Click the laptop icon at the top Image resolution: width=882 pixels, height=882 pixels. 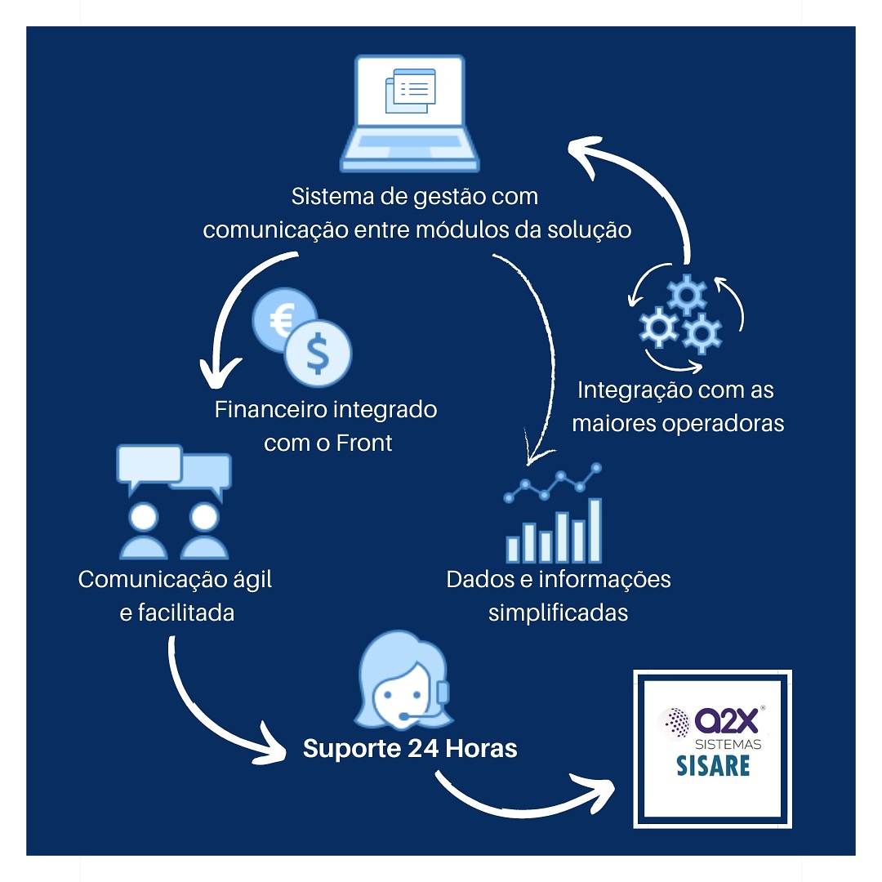[409, 113]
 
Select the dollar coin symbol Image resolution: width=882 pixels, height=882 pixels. [318, 354]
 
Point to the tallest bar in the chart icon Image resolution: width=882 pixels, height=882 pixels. [595, 530]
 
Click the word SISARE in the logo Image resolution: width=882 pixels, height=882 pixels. [713, 766]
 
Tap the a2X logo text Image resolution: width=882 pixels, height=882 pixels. [726, 720]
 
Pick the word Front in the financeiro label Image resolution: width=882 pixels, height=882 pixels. [364, 443]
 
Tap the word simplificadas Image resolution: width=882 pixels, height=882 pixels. [558, 613]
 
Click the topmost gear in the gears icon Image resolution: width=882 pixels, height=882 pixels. [686, 294]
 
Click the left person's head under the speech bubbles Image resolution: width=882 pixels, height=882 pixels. [144, 516]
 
